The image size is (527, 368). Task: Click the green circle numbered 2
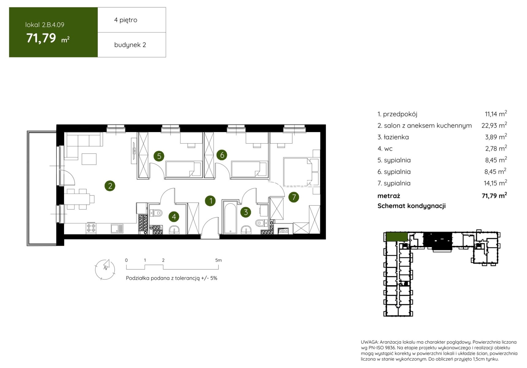(x=110, y=186)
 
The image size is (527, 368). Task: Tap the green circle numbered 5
(x=159, y=156)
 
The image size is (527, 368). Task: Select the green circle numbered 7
(x=294, y=197)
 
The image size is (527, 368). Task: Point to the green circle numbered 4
(x=174, y=217)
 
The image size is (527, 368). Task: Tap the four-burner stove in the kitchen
(x=91, y=228)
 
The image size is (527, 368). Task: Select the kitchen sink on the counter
(x=117, y=228)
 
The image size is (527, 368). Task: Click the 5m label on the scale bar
(x=218, y=260)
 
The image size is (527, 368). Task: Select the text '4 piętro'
(x=126, y=20)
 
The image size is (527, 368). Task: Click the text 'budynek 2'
(x=130, y=45)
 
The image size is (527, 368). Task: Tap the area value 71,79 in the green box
(x=41, y=38)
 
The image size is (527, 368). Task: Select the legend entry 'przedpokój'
(x=400, y=114)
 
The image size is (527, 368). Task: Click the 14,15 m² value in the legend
(x=495, y=183)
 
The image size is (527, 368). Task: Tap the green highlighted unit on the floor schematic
(x=397, y=236)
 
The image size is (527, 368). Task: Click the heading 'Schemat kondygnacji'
(x=411, y=206)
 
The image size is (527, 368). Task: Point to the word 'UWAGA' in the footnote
(x=370, y=342)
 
